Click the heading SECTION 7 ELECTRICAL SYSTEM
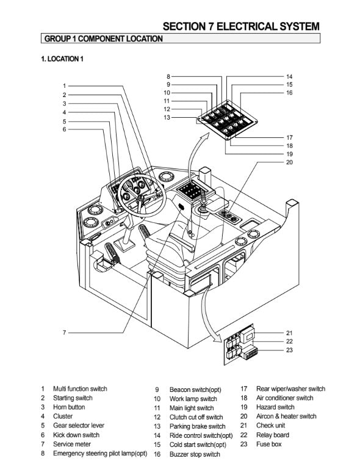tap(241, 26)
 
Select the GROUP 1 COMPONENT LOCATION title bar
tap(181, 38)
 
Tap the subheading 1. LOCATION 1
tap(62, 59)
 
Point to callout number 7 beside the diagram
tap(64, 333)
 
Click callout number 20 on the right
tap(289, 162)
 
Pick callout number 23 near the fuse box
tap(289, 350)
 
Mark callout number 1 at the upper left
tap(64, 86)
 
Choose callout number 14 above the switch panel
tap(289, 76)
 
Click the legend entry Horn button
tap(69, 407)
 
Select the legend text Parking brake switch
tap(197, 426)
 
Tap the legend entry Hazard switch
tap(275, 407)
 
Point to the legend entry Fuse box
tap(269, 444)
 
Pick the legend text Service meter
tap(72, 444)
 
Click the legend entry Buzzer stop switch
tap(195, 454)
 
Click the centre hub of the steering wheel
tap(141, 197)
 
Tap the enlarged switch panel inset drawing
tap(227, 120)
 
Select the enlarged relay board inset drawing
tap(240, 345)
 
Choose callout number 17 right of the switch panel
tap(289, 137)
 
